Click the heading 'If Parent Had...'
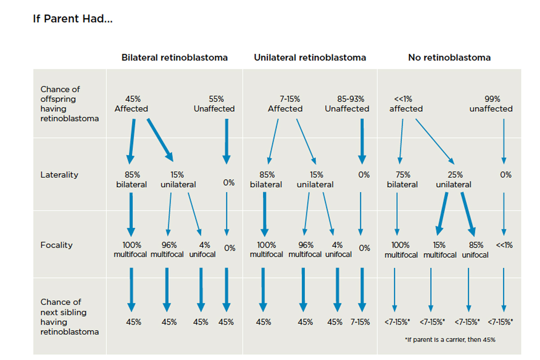coord(72,20)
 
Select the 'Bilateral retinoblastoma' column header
coord(175,58)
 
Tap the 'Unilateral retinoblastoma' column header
coord(310,58)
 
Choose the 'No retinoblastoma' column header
coord(449,58)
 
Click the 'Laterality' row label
coord(59,175)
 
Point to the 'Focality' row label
coord(56,245)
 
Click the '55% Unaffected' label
coord(214,104)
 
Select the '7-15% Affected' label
coord(285,104)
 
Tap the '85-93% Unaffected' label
coord(347,104)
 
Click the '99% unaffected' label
coord(491,104)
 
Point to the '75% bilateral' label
coord(402,180)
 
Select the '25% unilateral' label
coord(454,180)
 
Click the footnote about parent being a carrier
coord(450,340)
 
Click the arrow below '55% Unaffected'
coord(226,141)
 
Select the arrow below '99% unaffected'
coord(504,141)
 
